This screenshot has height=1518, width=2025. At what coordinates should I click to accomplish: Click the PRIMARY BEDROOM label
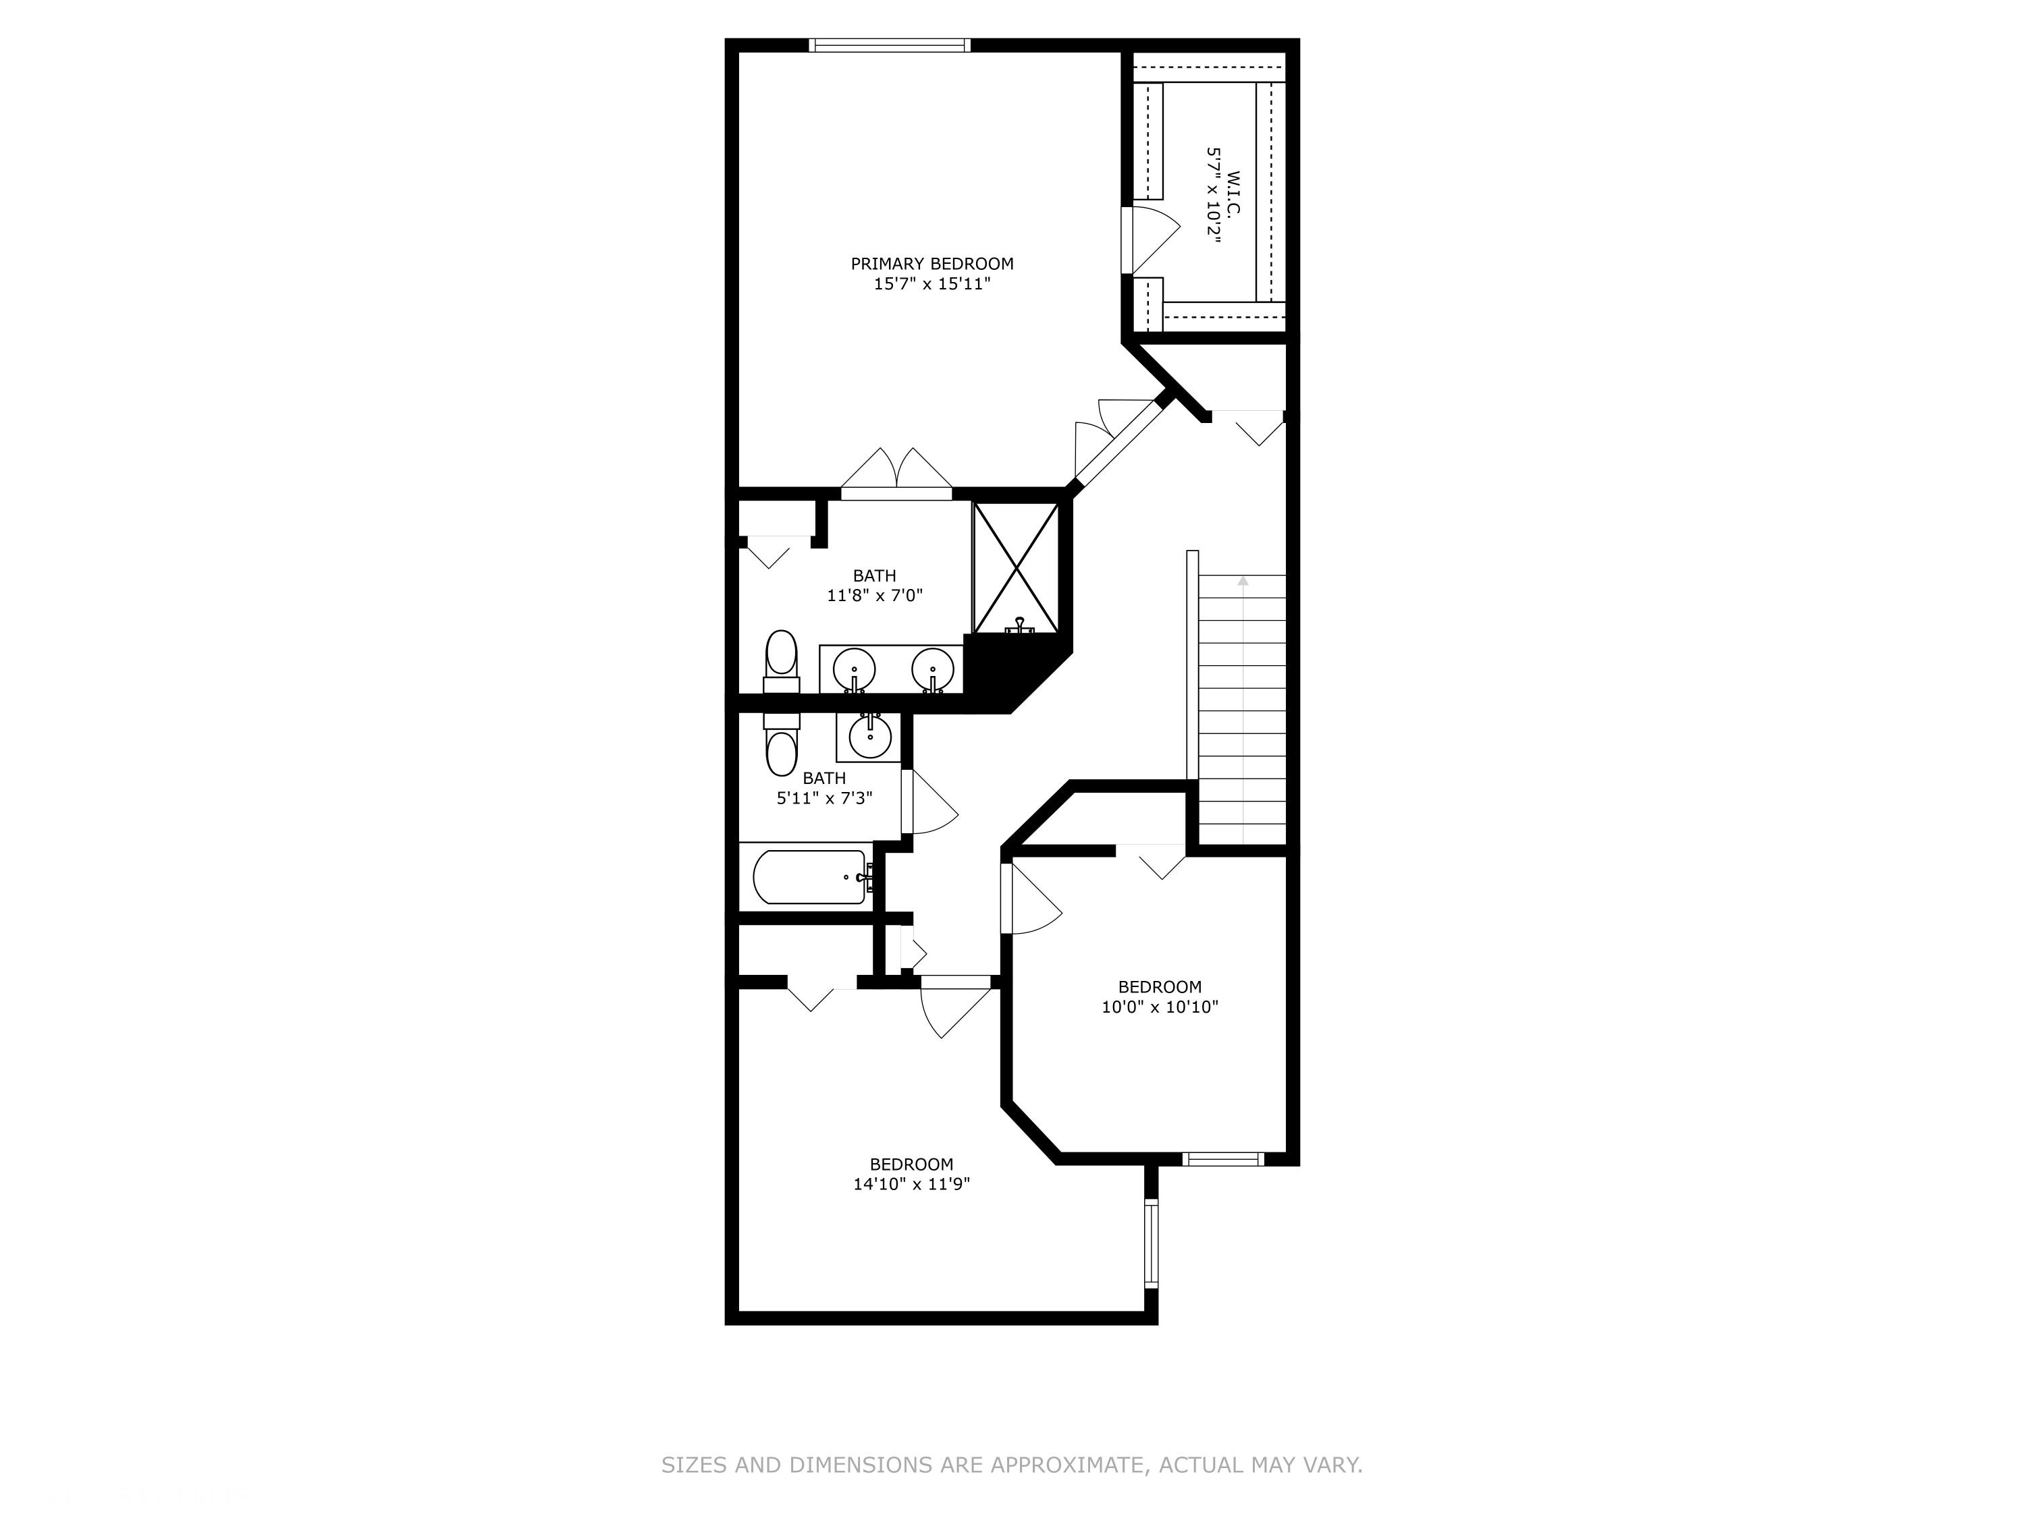tap(932, 264)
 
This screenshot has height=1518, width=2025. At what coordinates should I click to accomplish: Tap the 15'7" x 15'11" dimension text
tap(932, 283)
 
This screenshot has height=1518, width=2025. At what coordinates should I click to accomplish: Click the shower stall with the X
tap(1015, 567)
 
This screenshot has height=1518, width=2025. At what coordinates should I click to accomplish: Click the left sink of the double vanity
tap(854, 669)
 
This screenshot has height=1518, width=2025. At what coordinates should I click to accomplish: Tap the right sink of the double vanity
tap(933, 669)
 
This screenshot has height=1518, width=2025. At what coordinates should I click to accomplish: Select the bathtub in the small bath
tap(809, 876)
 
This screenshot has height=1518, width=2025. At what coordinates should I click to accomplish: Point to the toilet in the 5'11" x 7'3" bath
tap(781, 746)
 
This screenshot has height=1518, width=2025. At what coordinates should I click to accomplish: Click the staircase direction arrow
tap(1242, 580)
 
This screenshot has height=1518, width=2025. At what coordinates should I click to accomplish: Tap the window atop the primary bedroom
tap(889, 45)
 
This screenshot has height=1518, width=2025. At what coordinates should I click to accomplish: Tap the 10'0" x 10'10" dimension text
tap(1159, 1007)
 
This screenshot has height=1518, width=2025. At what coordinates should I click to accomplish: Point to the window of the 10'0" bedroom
tap(1222, 1158)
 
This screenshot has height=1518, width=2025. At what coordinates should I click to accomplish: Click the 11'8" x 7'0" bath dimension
tap(874, 596)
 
